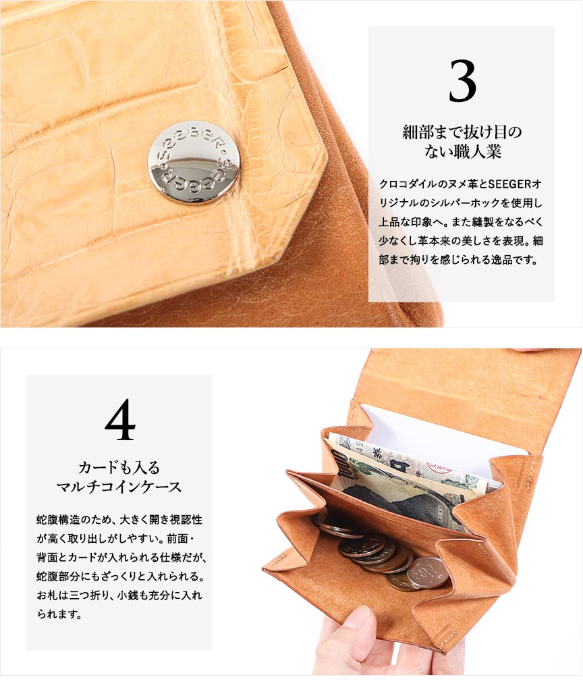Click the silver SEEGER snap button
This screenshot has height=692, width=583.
[194, 163]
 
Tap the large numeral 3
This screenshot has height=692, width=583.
[462, 81]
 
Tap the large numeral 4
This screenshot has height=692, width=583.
[120, 420]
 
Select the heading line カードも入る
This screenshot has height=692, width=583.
[119, 467]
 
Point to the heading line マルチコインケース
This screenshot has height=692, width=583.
[119, 487]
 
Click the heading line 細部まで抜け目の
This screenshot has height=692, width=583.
[462, 132]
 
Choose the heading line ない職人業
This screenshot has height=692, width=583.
[463, 151]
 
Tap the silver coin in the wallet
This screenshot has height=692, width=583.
[426, 573]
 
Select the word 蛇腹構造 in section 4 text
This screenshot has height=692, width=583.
[59, 519]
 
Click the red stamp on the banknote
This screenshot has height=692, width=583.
[439, 466]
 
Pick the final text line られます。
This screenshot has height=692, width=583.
[59, 614]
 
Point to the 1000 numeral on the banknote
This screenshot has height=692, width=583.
[341, 463]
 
